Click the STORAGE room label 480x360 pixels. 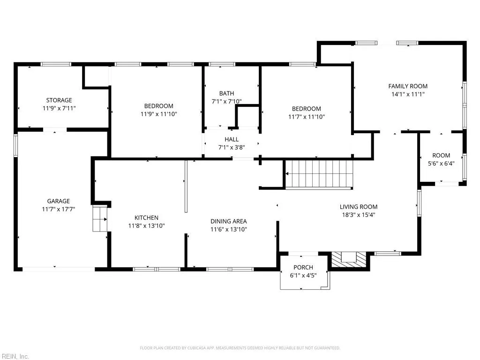(x=59, y=100)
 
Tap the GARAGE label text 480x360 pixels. (x=59, y=201)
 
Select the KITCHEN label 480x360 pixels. (x=146, y=217)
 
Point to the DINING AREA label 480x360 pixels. (x=229, y=221)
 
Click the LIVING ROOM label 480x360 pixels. (x=359, y=207)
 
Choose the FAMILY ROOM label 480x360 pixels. (x=408, y=86)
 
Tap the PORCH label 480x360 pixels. (x=303, y=268)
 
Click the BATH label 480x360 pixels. (x=226, y=93)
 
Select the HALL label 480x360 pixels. (x=232, y=139)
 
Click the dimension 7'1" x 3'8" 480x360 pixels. (x=232, y=147)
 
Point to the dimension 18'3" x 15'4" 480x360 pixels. (x=359, y=215)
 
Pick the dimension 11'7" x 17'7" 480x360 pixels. (x=59, y=209)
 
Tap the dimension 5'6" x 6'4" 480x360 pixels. (x=441, y=164)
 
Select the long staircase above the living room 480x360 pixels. (x=319, y=174)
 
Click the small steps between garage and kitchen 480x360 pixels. (x=100, y=219)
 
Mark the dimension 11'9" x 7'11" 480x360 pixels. (x=59, y=108)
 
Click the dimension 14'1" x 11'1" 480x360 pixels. (x=408, y=94)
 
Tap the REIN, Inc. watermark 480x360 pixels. (x=15, y=356)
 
